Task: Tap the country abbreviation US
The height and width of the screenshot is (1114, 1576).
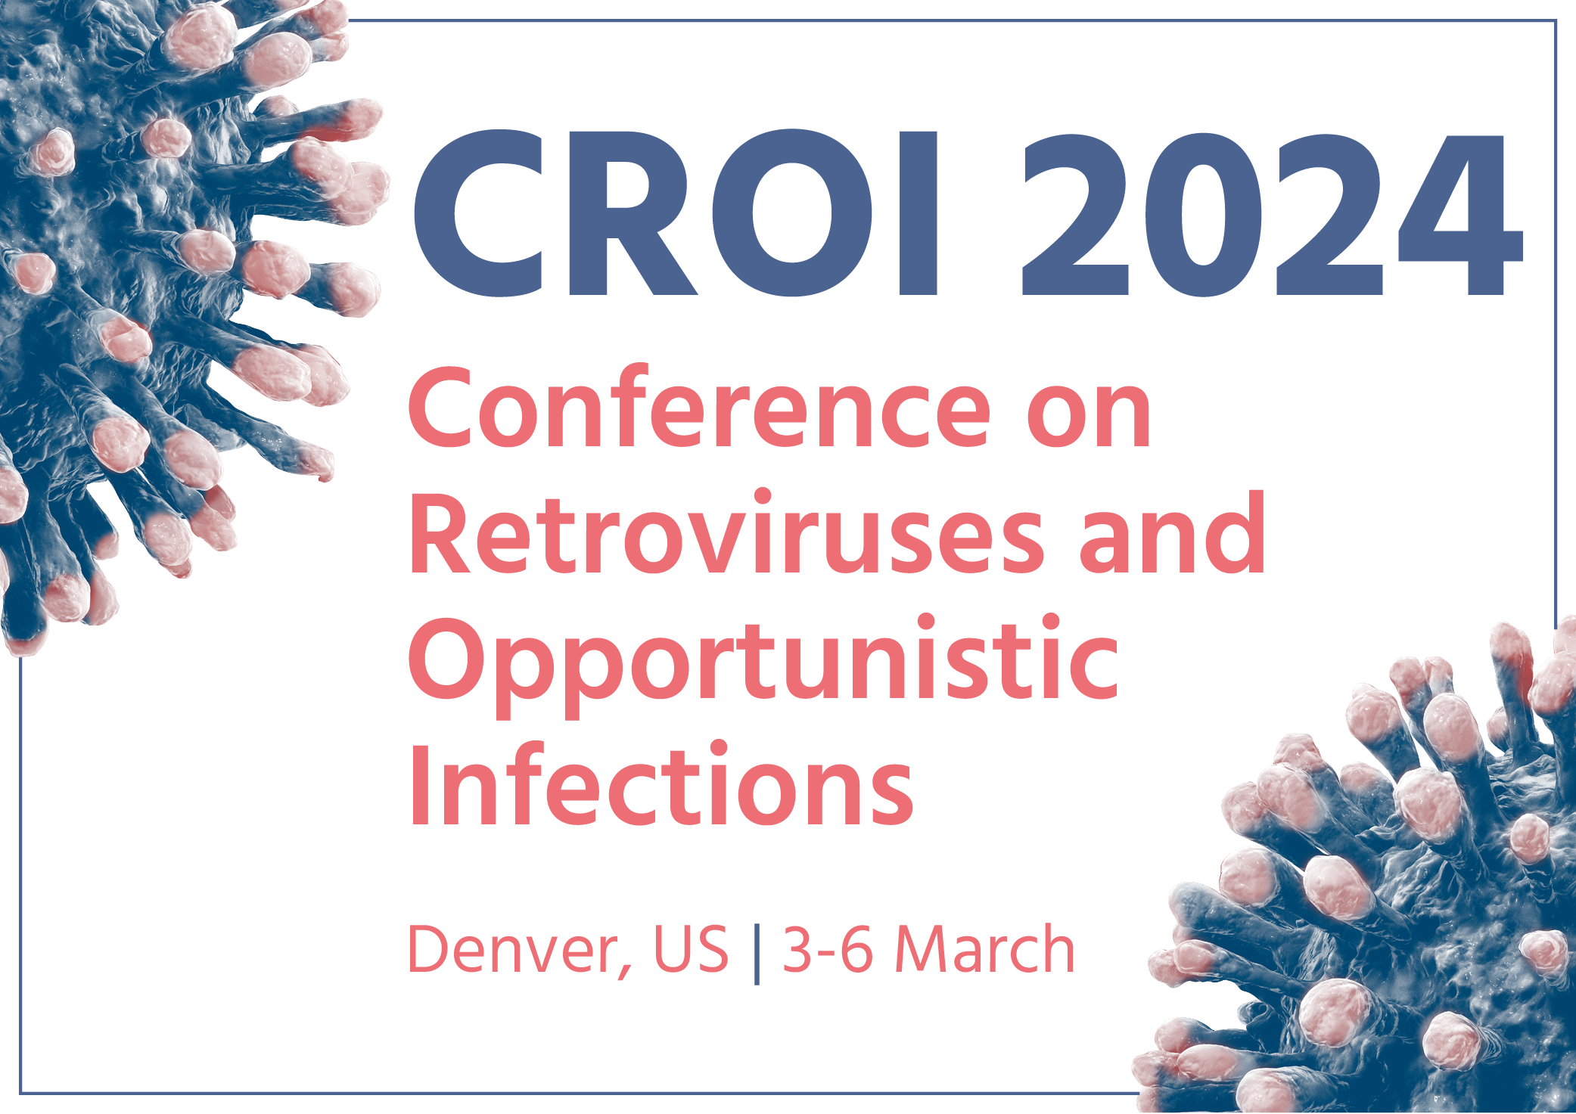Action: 691,949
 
